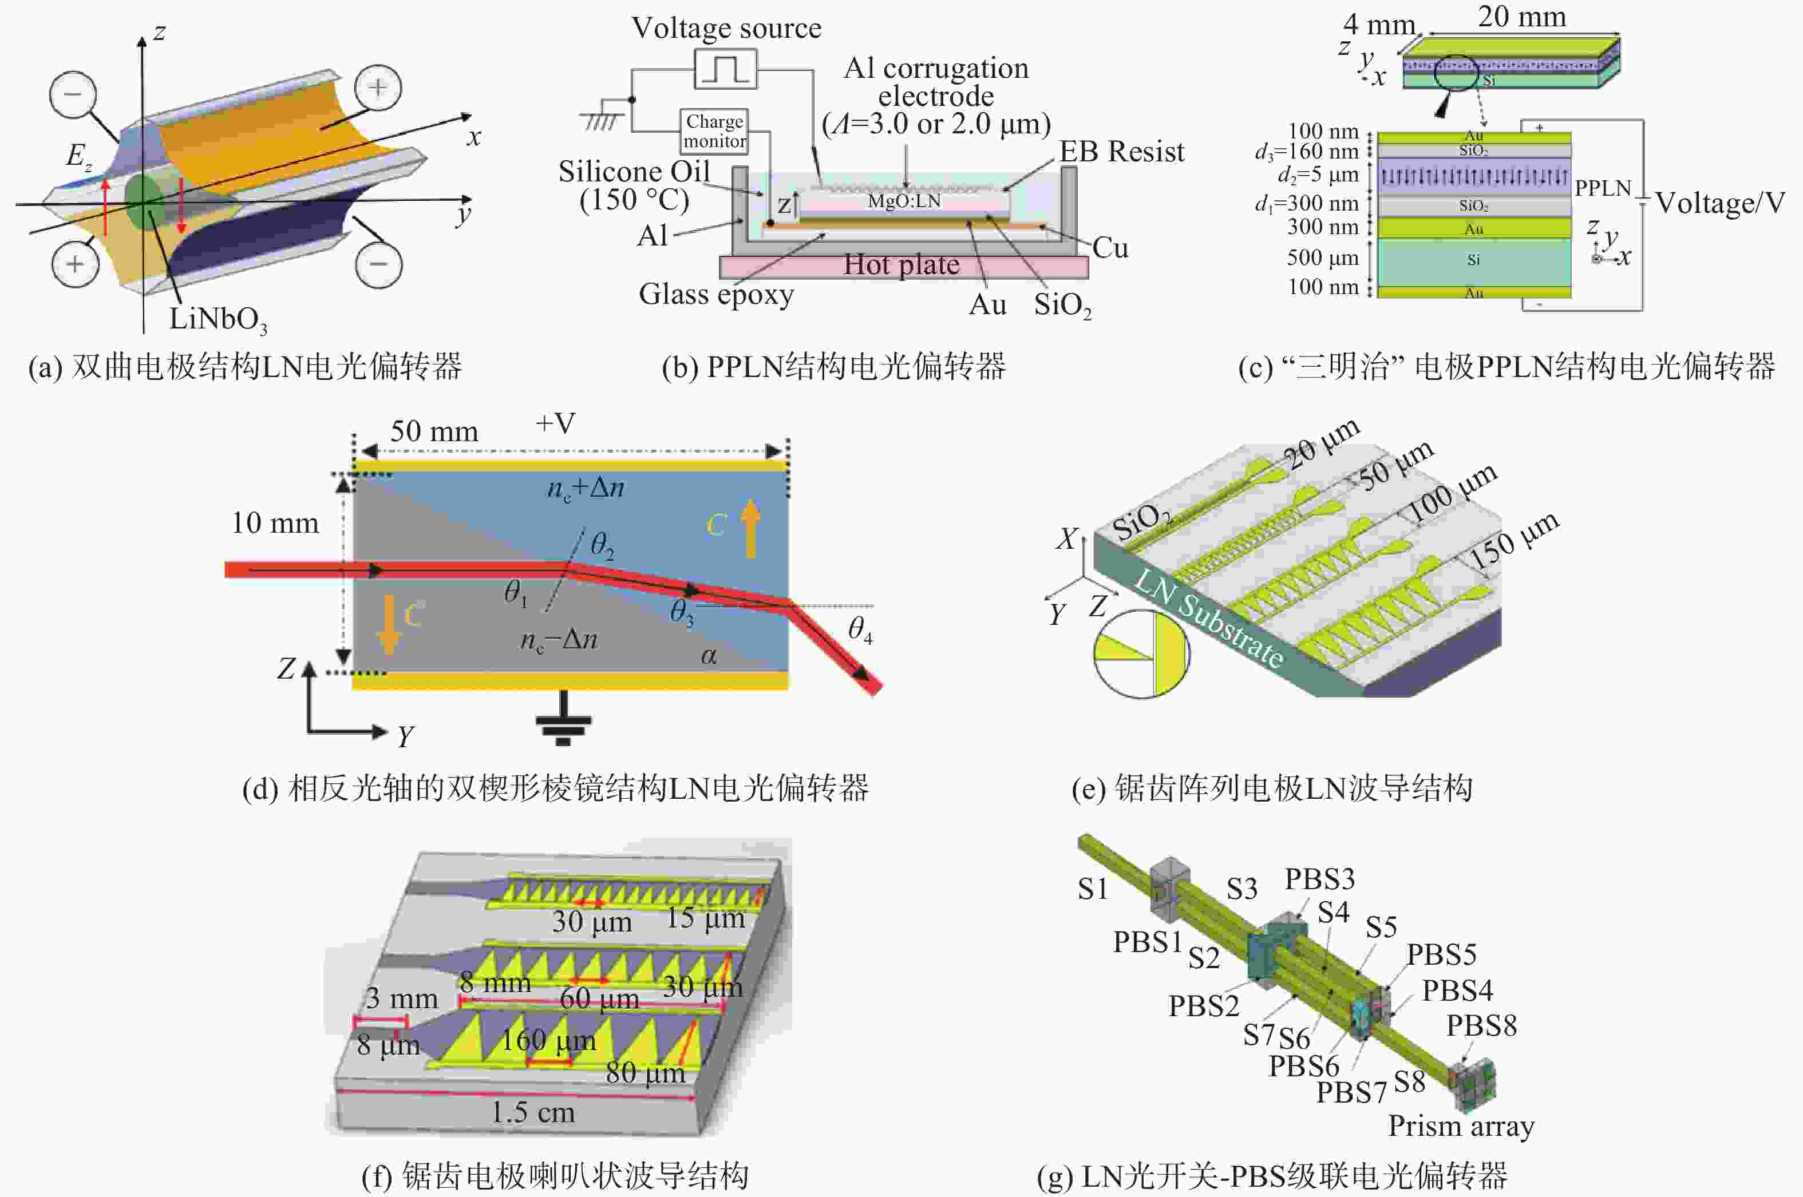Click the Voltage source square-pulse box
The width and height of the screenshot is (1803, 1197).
click(725, 69)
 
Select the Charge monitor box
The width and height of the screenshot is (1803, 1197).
click(714, 131)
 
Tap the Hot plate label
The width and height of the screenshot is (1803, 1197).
click(901, 265)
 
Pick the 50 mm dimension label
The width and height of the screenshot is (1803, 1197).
click(434, 431)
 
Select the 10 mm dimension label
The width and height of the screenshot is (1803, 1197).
click(275, 523)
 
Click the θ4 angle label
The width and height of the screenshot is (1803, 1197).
click(860, 630)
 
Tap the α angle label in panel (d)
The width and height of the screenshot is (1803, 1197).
click(709, 655)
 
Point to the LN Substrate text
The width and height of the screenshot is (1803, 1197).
click(1208, 619)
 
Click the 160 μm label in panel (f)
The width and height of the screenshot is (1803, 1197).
click(548, 1040)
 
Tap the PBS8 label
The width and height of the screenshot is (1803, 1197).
click(1481, 1025)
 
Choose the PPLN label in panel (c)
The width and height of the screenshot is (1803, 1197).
click(1602, 188)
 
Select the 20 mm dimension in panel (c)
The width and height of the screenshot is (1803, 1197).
click(1521, 17)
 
